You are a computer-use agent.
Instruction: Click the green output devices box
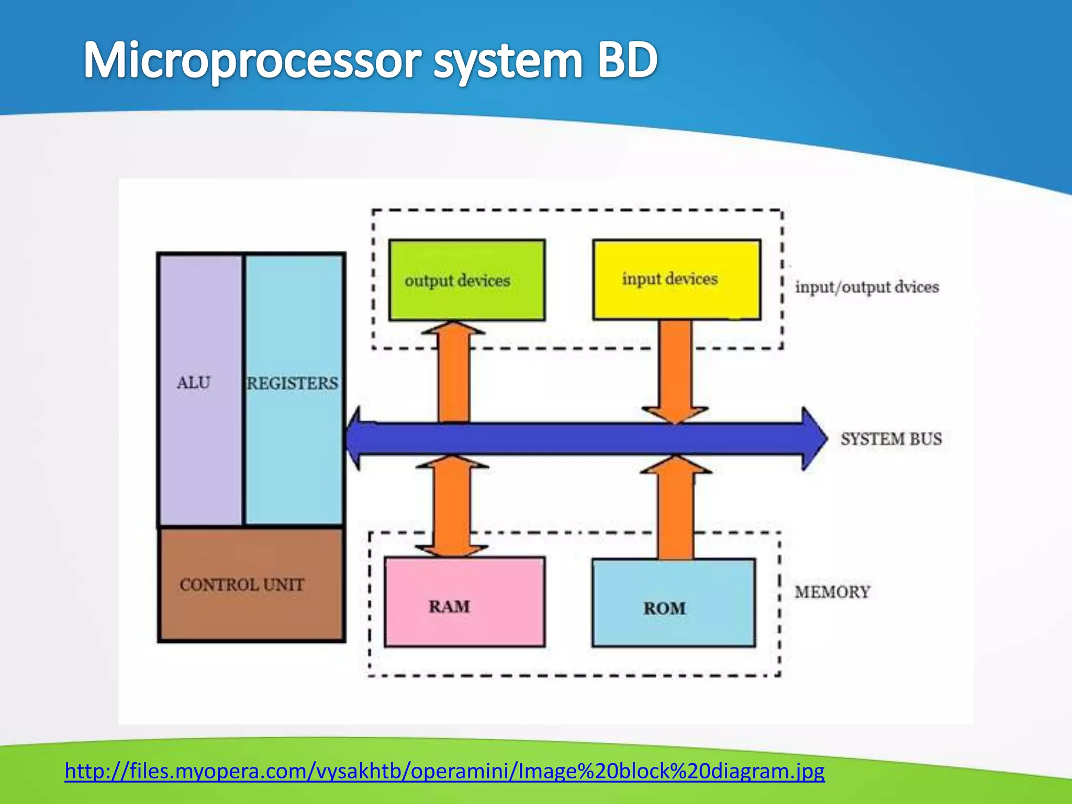point(466,280)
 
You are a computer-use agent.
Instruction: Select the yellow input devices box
point(676,280)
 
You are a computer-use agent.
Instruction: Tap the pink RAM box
point(464,602)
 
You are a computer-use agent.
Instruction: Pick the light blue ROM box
point(674,603)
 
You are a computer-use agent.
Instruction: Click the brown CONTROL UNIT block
point(251,584)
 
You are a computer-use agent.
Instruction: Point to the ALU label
point(193,383)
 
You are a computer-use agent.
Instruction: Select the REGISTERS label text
point(293,383)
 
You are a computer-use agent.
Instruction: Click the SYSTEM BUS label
point(891,439)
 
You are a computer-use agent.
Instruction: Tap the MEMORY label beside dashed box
point(832,592)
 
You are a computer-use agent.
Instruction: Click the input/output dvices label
point(867,287)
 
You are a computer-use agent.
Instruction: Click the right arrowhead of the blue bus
point(814,439)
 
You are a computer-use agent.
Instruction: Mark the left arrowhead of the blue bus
point(354,439)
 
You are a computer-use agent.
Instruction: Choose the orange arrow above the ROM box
point(676,508)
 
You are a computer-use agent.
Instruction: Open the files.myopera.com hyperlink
point(444,771)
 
